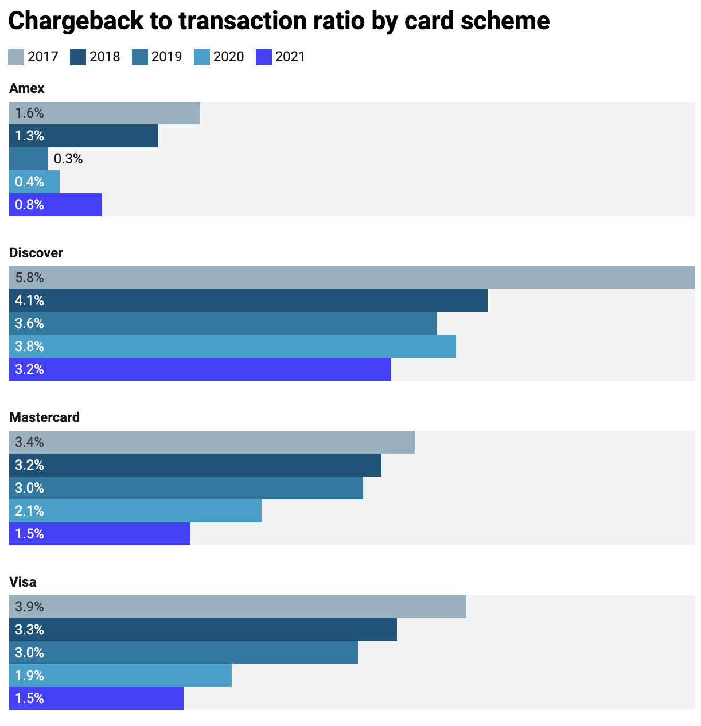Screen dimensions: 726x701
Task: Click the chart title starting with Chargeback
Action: [x=279, y=21]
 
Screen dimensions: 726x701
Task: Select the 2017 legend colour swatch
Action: [x=16, y=57]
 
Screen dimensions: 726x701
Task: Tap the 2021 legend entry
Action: [x=281, y=57]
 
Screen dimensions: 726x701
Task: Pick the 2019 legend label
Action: [x=166, y=57]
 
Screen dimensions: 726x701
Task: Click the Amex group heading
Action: [x=27, y=88]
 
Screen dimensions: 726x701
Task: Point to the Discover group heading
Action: [x=36, y=253]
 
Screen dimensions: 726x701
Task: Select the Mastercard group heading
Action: [x=44, y=417]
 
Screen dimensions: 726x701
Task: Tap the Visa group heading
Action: [x=23, y=582]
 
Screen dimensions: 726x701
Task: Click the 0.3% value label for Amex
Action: [x=68, y=159]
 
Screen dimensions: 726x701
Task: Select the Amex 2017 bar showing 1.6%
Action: [x=104, y=113]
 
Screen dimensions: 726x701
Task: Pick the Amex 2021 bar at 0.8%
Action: [x=56, y=205]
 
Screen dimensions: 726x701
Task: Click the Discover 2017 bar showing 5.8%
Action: [x=352, y=278]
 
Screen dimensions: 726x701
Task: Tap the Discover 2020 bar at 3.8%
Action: [x=232, y=346]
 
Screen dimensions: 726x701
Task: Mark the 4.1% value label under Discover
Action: [x=30, y=300]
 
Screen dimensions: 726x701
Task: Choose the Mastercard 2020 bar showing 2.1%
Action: [x=135, y=511]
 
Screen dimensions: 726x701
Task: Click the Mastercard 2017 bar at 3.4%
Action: [x=212, y=442]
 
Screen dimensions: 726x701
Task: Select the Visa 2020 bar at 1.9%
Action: [x=120, y=676]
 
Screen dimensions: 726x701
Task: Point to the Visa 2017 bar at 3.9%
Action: [x=237, y=607]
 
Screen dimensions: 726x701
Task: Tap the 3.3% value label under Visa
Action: [x=30, y=630]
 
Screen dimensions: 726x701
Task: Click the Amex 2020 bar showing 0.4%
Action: [x=34, y=182]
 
